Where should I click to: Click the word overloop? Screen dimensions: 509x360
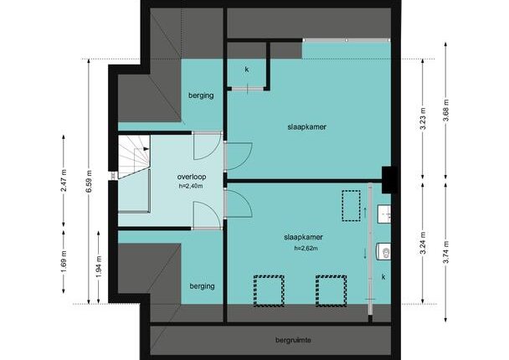pyautogui.click(x=192, y=177)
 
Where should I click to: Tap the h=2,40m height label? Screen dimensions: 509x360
pyautogui.click(x=191, y=187)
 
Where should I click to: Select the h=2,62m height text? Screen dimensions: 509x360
pyautogui.click(x=306, y=249)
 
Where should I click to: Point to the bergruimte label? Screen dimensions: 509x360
pyautogui.click(x=293, y=340)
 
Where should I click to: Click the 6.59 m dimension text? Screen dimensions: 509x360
pyautogui.click(x=89, y=182)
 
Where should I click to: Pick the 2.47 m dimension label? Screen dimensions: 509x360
pyautogui.click(x=64, y=181)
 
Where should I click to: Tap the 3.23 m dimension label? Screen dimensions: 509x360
pyautogui.click(x=423, y=118)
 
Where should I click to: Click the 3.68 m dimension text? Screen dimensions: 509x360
pyautogui.click(x=446, y=111)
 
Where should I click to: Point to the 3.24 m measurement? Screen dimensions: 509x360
pyautogui.click(x=423, y=244)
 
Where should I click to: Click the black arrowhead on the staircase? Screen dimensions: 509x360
pyautogui.click(x=146, y=149)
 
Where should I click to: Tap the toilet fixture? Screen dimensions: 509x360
pyautogui.click(x=383, y=251)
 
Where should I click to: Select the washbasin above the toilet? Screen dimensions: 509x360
pyautogui.click(x=384, y=214)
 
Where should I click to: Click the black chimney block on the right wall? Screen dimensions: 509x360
pyautogui.click(x=389, y=180)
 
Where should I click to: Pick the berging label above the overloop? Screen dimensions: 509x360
pyautogui.click(x=201, y=95)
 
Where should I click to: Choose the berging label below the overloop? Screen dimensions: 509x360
pyautogui.click(x=203, y=286)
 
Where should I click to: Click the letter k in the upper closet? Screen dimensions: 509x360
pyautogui.click(x=247, y=69)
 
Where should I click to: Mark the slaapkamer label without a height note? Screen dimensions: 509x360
pyautogui.click(x=306, y=127)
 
